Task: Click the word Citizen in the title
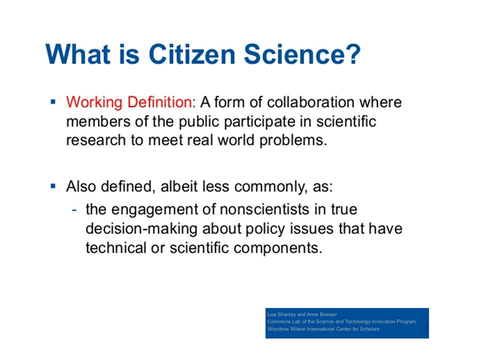(191, 54)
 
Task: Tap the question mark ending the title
(354, 54)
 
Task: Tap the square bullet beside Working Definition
(53, 101)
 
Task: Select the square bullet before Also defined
(53, 186)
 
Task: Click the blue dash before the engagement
(74, 210)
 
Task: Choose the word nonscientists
(264, 209)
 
